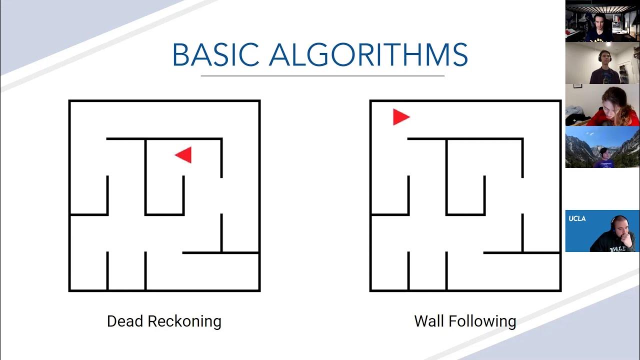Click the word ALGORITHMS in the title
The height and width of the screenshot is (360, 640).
[x=368, y=55]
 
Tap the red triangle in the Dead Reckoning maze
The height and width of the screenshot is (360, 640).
[x=184, y=155]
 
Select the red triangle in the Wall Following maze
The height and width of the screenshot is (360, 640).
[x=400, y=117]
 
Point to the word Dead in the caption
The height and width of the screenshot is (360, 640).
[x=124, y=321]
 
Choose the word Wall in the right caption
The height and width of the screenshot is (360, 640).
[x=428, y=321]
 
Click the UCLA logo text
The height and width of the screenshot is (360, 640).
[x=577, y=218]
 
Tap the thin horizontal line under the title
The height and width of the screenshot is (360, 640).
[x=322, y=76]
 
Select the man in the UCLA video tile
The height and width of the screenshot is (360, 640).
[x=614, y=235]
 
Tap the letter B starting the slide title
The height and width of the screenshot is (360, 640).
[x=180, y=55]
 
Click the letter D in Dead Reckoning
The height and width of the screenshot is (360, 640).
[x=111, y=321]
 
